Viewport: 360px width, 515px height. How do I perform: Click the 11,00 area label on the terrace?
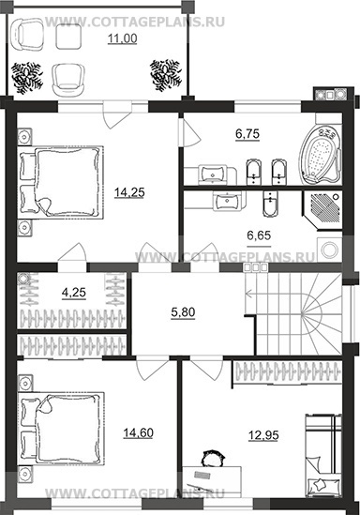[123, 39]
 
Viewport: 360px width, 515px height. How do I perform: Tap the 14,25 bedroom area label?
[129, 192]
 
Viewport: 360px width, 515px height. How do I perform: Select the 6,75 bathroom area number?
[247, 134]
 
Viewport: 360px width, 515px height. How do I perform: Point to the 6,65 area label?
[259, 235]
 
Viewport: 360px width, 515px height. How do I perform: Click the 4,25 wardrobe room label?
[74, 292]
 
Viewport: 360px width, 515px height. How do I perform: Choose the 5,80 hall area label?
[183, 312]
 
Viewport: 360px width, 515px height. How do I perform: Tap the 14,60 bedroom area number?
[138, 433]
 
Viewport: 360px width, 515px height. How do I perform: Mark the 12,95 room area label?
[263, 435]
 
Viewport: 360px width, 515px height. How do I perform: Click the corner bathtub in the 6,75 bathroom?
[321, 156]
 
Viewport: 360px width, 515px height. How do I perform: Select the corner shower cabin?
[322, 210]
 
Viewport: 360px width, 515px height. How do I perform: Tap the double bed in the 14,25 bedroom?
[61, 182]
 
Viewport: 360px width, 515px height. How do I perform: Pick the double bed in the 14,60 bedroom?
[61, 428]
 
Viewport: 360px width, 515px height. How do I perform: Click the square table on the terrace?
[68, 37]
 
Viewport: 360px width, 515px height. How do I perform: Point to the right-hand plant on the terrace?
[166, 75]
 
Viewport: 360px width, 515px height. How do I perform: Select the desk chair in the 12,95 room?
[212, 458]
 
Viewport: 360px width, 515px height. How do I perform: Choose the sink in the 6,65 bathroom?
[227, 201]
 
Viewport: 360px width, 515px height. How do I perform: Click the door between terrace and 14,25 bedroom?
[117, 114]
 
